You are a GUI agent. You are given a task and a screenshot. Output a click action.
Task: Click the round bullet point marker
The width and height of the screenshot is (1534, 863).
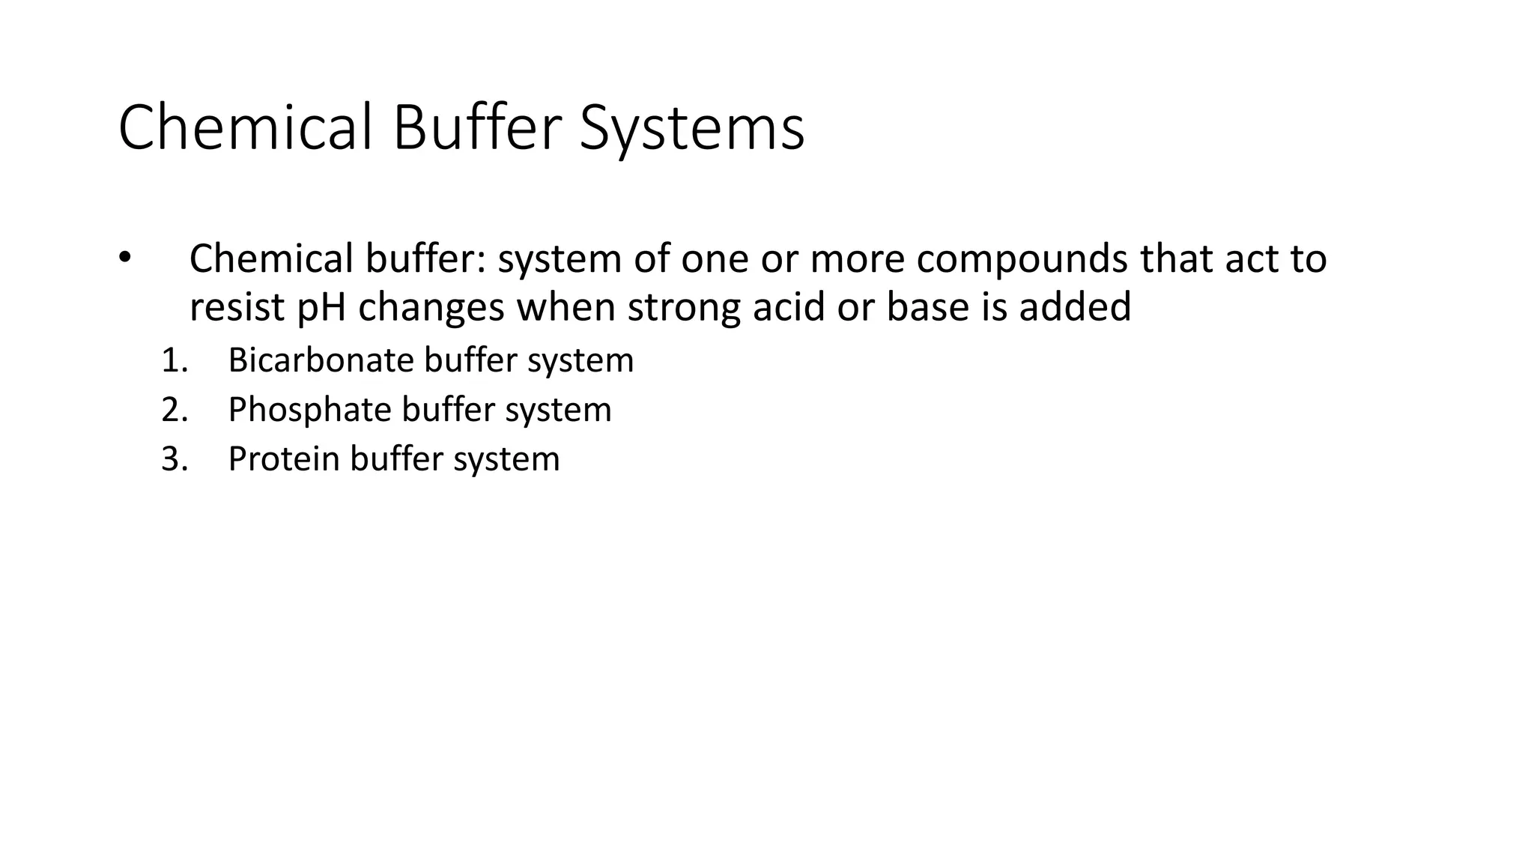tap(124, 258)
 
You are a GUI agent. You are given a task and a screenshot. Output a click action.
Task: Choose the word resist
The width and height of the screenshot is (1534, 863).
tap(237, 307)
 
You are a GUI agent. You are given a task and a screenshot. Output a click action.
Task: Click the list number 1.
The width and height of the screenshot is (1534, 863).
tap(174, 361)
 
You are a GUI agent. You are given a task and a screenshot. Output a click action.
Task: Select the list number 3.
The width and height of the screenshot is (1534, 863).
tap(174, 459)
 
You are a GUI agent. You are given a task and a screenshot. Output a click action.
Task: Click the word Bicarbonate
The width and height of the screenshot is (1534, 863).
tap(321, 360)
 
